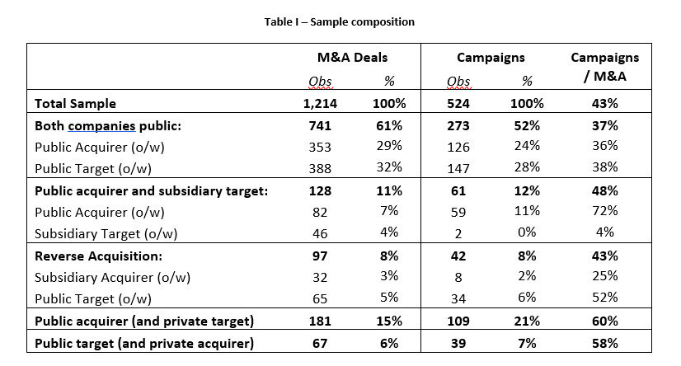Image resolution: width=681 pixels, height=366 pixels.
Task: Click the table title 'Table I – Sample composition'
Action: [x=339, y=21]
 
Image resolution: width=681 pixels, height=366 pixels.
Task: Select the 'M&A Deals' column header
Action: [x=352, y=58]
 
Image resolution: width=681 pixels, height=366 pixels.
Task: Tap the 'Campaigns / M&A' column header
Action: [x=604, y=67]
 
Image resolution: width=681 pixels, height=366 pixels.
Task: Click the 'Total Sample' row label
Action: [x=75, y=103]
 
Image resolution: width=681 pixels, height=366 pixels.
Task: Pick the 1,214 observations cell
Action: [x=320, y=103]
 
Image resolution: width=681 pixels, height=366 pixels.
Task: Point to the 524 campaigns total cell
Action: [x=458, y=103]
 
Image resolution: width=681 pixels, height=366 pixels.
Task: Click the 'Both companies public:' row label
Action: [x=108, y=126]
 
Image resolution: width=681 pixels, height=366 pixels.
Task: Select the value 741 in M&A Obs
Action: [x=320, y=126]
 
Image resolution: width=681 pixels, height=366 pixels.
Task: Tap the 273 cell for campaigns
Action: [x=458, y=126]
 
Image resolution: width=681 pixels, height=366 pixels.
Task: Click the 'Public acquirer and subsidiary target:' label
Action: [x=151, y=191]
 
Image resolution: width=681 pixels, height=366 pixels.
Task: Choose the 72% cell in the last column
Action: [x=604, y=210]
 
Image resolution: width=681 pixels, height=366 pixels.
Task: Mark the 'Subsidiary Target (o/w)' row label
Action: [x=106, y=234]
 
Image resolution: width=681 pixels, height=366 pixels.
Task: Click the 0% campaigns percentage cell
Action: [x=527, y=232]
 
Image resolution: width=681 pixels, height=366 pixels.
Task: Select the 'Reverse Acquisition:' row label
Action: [x=98, y=256]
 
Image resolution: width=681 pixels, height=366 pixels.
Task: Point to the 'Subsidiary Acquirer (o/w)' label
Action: [x=112, y=278]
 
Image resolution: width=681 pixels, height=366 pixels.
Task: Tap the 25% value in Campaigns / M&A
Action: [x=604, y=275]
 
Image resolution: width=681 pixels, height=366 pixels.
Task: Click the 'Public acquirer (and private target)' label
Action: [x=144, y=321]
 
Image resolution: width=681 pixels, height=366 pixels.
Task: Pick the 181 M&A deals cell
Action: [x=320, y=321]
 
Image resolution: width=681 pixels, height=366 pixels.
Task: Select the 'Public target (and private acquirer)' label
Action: [x=144, y=344]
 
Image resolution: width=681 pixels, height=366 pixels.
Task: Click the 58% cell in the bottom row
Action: [x=604, y=344]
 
